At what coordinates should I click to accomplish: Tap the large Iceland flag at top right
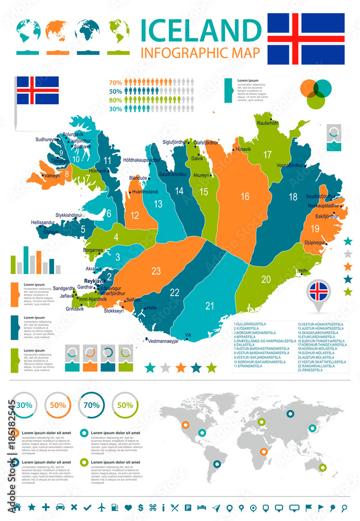point(306,39)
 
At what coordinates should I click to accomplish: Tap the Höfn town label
point(303,271)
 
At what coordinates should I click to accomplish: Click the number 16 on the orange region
point(245,196)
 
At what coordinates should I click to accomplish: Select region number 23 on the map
point(156,270)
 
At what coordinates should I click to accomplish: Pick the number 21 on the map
point(209,306)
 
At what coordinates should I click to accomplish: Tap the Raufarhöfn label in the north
point(268,123)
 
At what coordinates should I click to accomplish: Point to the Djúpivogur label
point(314,243)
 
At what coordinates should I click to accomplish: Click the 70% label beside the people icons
point(115,82)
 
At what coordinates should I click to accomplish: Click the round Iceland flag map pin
point(319,292)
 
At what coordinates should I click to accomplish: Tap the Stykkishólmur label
point(69,215)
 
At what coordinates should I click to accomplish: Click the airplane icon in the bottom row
point(101,507)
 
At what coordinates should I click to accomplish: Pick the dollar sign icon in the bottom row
point(141,507)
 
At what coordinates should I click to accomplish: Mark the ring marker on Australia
point(322,468)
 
